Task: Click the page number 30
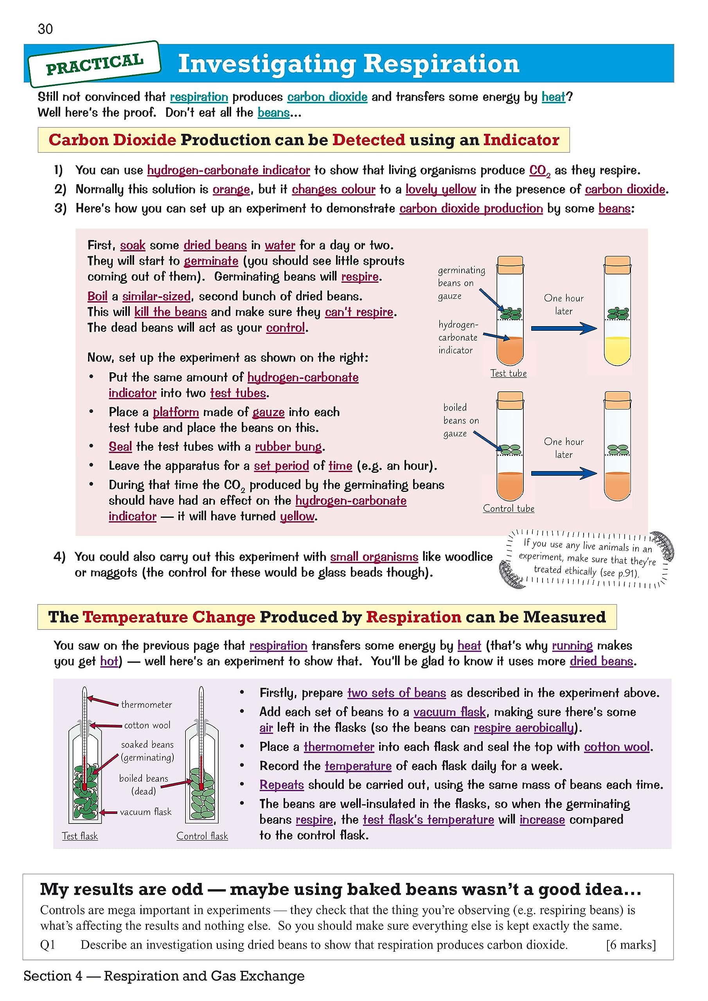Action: [x=45, y=29]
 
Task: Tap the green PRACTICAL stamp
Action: [x=94, y=65]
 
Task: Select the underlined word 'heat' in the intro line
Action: [x=553, y=97]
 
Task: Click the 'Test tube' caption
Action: [x=508, y=373]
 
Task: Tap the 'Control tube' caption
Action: [x=508, y=508]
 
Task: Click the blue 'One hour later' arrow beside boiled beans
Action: [x=564, y=473]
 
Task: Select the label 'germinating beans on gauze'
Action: [x=461, y=283]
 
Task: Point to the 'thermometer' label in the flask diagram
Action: [x=147, y=705]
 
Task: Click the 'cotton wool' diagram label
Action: [x=147, y=725]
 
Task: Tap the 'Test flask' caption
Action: [x=80, y=836]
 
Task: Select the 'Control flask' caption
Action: [x=202, y=836]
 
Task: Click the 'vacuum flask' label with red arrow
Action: [x=146, y=811]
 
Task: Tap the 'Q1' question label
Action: [x=48, y=945]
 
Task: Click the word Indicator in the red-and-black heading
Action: [x=521, y=140]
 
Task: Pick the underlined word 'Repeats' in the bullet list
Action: [x=281, y=784]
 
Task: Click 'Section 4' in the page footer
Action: [x=53, y=976]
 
